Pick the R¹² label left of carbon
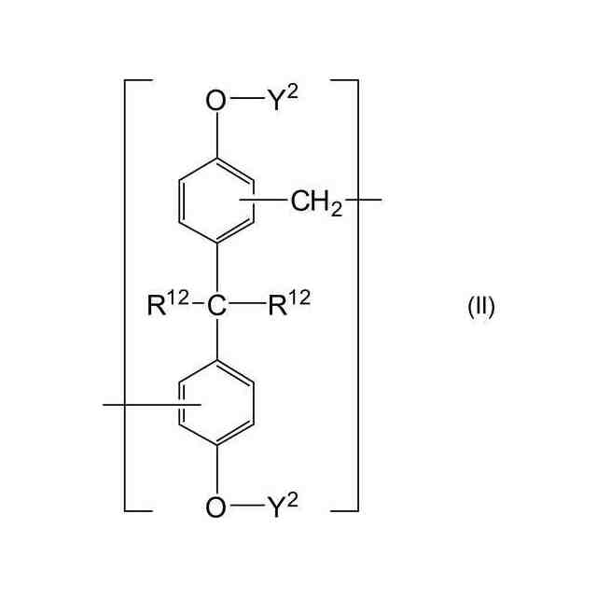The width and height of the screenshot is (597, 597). (169, 305)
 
